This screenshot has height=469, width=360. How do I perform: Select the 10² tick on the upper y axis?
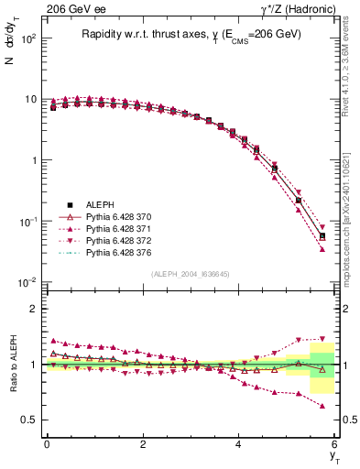(x=29, y=38)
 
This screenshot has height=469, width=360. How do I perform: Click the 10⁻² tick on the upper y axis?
(x=29, y=282)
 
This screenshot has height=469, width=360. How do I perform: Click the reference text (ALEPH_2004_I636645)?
(x=190, y=274)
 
